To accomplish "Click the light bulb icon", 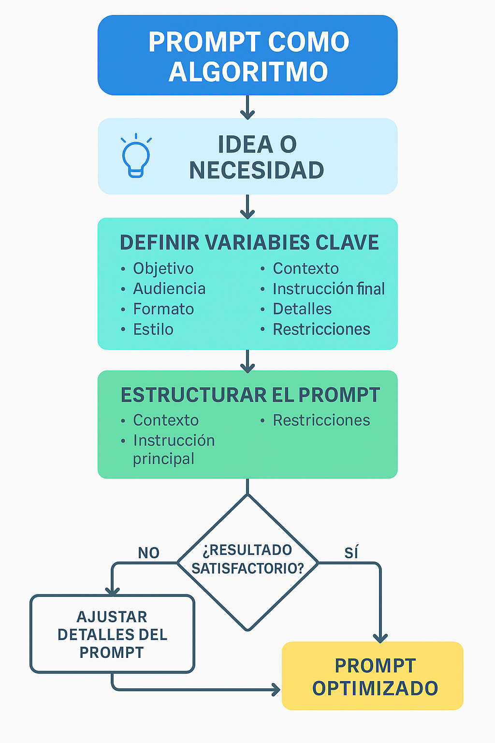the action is pyautogui.click(x=136, y=156).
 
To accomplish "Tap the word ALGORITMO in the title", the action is pyautogui.click(x=248, y=72).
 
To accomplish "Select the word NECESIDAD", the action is pyautogui.click(x=257, y=170).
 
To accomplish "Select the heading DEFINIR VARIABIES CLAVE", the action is pyautogui.click(x=249, y=242).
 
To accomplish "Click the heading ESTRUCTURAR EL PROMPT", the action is pyautogui.click(x=250, y=395).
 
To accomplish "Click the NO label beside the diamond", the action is pyautogui.click(x=149, y=553).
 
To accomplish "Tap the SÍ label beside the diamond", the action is pyautogui.click(x=351, y=552).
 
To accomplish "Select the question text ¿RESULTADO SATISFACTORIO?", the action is pyautogui.click(x=247, y=559).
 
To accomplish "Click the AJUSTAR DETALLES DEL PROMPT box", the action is pyautogui.click(x=113, y=634).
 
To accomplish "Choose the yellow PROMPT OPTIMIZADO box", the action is pyautogui.click(x=372, y=676).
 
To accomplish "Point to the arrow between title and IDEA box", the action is pyautogui.click(x=247, y=107).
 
